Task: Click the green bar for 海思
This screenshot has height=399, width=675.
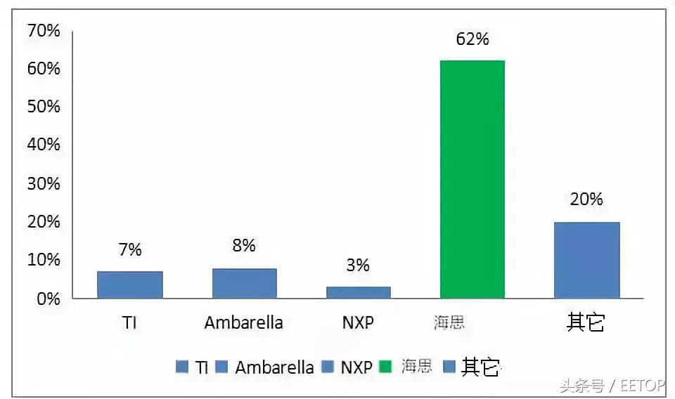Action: [472, 179]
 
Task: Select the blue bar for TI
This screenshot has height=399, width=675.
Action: [130, 284]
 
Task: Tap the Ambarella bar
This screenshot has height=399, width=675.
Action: [244, 283]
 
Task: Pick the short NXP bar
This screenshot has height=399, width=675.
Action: [358, 292]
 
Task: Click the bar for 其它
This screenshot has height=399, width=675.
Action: [586, 260]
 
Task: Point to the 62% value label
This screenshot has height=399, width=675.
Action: [472, 39]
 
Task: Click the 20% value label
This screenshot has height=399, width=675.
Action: [586, 199]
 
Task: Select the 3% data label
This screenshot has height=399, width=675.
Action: [358, 265]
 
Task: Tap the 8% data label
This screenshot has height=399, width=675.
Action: [244, 246]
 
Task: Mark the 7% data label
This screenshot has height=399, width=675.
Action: [130, 249]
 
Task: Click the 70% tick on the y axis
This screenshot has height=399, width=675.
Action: [44, 31]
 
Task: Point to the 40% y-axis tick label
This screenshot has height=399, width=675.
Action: [44, 145]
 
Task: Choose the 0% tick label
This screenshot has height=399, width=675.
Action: [48, 298]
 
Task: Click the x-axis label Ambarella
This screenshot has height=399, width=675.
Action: [243, 322]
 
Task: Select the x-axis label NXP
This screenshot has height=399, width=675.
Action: [358, 322]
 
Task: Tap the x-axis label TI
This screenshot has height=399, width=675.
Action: [129, 322]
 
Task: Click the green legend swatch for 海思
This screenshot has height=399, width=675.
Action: [385, 367]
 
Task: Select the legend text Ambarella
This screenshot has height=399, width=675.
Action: [274, 367]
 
